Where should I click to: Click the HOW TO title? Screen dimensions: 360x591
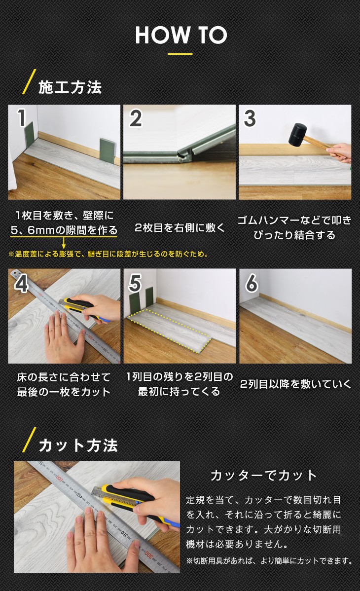pyautogui.click(x=181, y=35)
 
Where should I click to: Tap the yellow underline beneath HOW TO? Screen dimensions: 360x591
pyautogui.click(x=180, y=54)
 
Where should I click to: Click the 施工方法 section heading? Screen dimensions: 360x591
pyautogui.click(x=70, y=87)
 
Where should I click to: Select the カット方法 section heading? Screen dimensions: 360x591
pyautogui.click(x=78, y=445)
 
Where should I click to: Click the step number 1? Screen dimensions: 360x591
pyautogui.click(x=22, y=117)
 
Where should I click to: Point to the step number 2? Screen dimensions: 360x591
pyautogui.click(x=136, y=118)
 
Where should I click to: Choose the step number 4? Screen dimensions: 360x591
pyautogui.click(x=21, y=283)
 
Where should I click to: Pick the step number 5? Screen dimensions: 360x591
pyautogui.click(x=135, y=283)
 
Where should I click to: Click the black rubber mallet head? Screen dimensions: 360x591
pyautogui.click(x=298, y=135)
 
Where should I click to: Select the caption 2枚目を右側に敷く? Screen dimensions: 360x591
pyautogui.click(x=180, y=227)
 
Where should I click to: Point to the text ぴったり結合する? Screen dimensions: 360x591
pyautogui.click(x=294, y=235)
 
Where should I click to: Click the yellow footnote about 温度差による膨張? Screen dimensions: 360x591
pyautogui.click(x=108, y=254)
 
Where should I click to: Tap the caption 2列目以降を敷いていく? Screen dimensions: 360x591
pyautogui.click(x=295, y=384)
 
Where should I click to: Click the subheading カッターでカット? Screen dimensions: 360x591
pyautogui.click(x=263, y=475)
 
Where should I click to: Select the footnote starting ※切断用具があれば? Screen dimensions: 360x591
pyautogui.click(x=270, y=561)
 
